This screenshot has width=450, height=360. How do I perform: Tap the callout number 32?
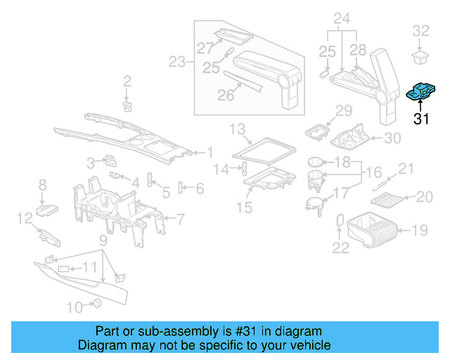(x=420, y=30)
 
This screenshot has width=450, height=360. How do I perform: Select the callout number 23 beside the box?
(x=178, y=62)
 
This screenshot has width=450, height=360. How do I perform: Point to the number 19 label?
(x=420, y=229)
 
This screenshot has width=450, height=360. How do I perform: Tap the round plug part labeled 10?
(x=97, y=304)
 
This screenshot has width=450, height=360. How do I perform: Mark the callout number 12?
(x=23, y=218)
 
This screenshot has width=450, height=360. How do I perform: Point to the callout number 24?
(x=342, y=17)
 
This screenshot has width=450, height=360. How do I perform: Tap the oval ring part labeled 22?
(x=339, y=219)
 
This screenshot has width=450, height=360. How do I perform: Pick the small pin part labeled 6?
(x=181, y=188)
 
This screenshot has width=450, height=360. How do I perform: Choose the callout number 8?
(x=42, y=184)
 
